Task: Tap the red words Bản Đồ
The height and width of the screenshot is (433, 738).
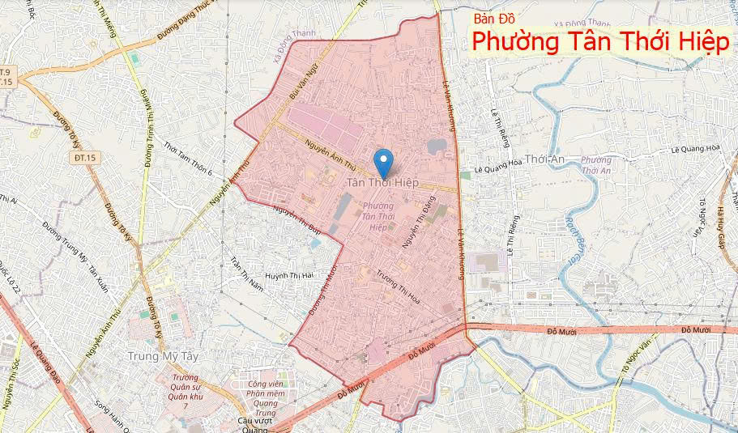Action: [495, 18]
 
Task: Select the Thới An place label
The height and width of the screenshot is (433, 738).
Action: [544, 159]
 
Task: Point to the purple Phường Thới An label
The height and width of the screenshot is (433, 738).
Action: [595, 165]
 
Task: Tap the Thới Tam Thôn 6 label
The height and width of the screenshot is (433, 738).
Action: [187, 159]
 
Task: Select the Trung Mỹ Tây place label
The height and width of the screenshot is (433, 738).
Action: [164, 355]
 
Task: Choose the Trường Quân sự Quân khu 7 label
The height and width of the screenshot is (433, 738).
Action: [186, 391]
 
